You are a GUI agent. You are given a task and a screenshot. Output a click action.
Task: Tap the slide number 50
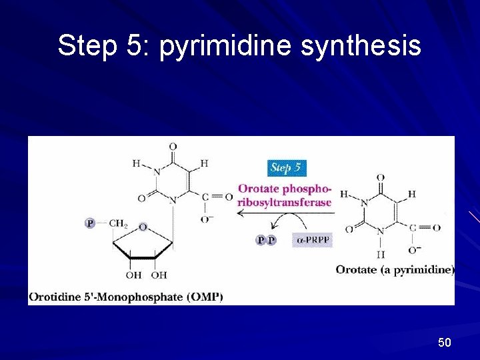coord(445,343)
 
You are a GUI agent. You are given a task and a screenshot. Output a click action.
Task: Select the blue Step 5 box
coord(287,167)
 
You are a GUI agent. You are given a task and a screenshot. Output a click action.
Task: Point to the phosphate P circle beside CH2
coord(90,223)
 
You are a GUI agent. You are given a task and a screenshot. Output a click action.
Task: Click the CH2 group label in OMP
coord(118,223)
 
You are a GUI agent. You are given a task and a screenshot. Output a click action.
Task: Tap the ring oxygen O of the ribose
coord(143,228)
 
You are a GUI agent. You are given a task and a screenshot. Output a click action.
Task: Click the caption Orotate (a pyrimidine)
coord(395,270)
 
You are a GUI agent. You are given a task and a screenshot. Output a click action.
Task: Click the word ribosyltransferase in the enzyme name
coord(285,202)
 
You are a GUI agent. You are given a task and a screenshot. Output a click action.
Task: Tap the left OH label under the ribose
coord(133,275)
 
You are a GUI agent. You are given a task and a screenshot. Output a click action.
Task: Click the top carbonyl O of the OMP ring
coord(173,147)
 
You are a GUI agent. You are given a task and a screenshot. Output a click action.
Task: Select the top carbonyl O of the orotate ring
coord(380,177)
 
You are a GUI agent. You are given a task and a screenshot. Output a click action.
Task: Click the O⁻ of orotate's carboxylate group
coord(415,249)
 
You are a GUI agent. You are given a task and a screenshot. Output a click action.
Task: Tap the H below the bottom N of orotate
coord(381,254)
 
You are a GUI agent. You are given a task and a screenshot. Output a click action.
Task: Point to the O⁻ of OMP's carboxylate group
coord(207,219)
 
